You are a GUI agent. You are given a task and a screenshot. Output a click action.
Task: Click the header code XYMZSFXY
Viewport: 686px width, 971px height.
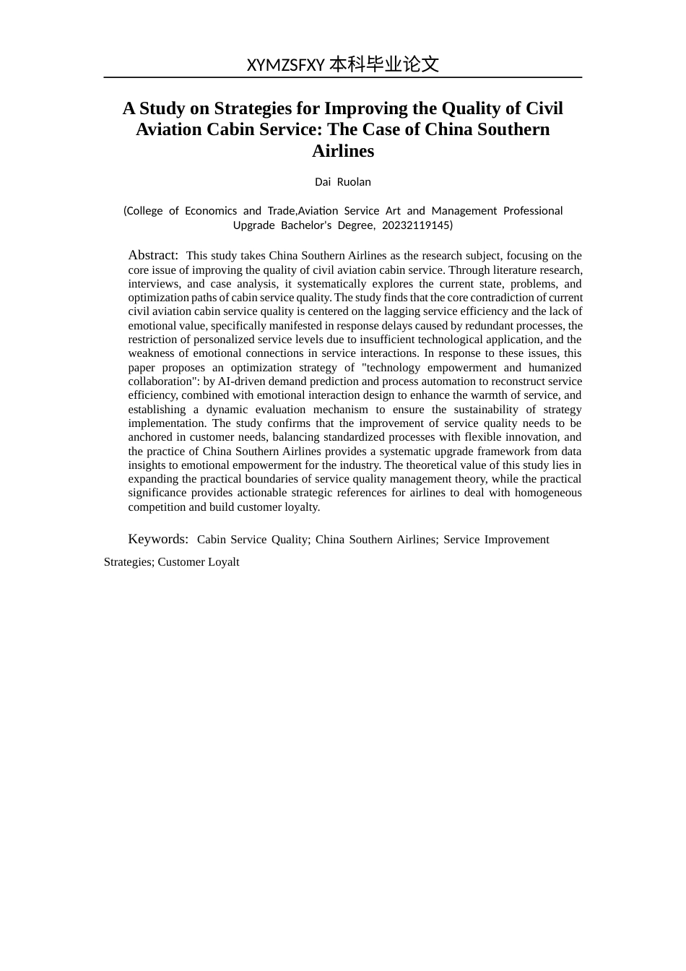(x=285, y=65)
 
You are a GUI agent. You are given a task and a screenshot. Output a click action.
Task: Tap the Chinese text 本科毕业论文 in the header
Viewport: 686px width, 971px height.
(x=384, y=64)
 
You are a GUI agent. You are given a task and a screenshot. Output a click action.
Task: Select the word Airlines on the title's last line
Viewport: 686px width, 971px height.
(x=343, y=151)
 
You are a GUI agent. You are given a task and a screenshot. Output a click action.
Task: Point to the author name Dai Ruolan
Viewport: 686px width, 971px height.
(x=343, y=182)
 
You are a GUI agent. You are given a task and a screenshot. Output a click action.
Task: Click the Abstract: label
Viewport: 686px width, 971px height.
(x=153, y=255)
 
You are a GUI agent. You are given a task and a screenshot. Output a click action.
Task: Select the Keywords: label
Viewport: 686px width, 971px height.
(x=158, y=539)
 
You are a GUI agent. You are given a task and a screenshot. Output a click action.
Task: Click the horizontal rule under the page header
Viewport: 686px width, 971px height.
(x=343, y=77)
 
